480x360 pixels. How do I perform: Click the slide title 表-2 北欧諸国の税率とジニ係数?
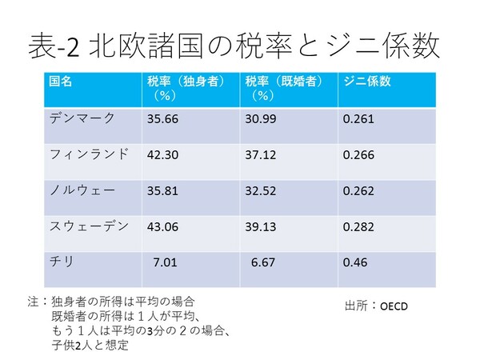233,46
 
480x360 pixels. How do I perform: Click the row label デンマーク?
82,118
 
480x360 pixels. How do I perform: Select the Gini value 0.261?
358,119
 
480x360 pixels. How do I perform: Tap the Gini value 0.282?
358,227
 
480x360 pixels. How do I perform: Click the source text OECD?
394,306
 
